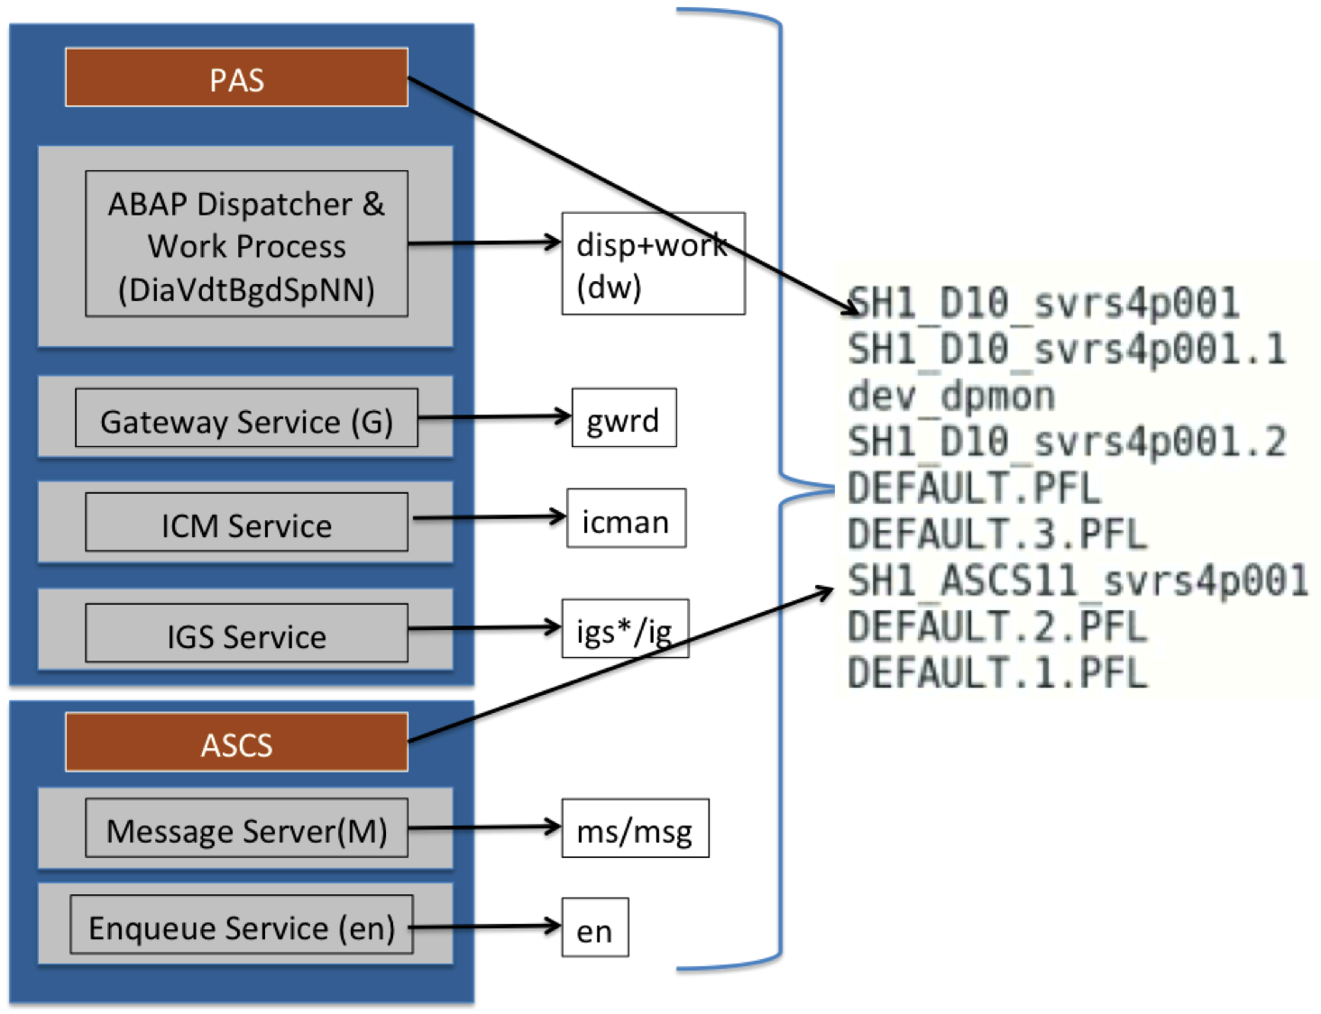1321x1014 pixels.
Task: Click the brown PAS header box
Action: [236, 78]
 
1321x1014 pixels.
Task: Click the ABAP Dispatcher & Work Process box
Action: [246, 244]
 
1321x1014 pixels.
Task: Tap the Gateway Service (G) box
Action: [246, 419]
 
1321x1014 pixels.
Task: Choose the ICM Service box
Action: [246, 523]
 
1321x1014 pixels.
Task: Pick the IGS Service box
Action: [246, 634]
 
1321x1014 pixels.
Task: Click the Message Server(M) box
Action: [246, 828]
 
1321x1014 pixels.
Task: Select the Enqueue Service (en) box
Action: [242, 925]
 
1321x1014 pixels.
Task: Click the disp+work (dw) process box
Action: [653, 263]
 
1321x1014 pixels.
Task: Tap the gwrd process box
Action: [624, 418]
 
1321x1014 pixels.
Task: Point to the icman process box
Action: [626, 519]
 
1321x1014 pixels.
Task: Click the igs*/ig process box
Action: [625, 629]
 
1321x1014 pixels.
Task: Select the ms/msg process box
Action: [635, 828]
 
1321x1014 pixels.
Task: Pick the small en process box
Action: [595, 928]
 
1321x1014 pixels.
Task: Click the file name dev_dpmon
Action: [951, 396]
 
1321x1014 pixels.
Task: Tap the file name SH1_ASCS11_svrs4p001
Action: [1078, 580]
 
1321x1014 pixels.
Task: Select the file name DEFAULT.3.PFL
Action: [997, 534]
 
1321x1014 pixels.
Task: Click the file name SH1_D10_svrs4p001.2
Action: [1067, 442]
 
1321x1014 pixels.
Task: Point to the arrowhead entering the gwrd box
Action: [563, 416]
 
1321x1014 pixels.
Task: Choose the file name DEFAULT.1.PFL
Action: [997, 673]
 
